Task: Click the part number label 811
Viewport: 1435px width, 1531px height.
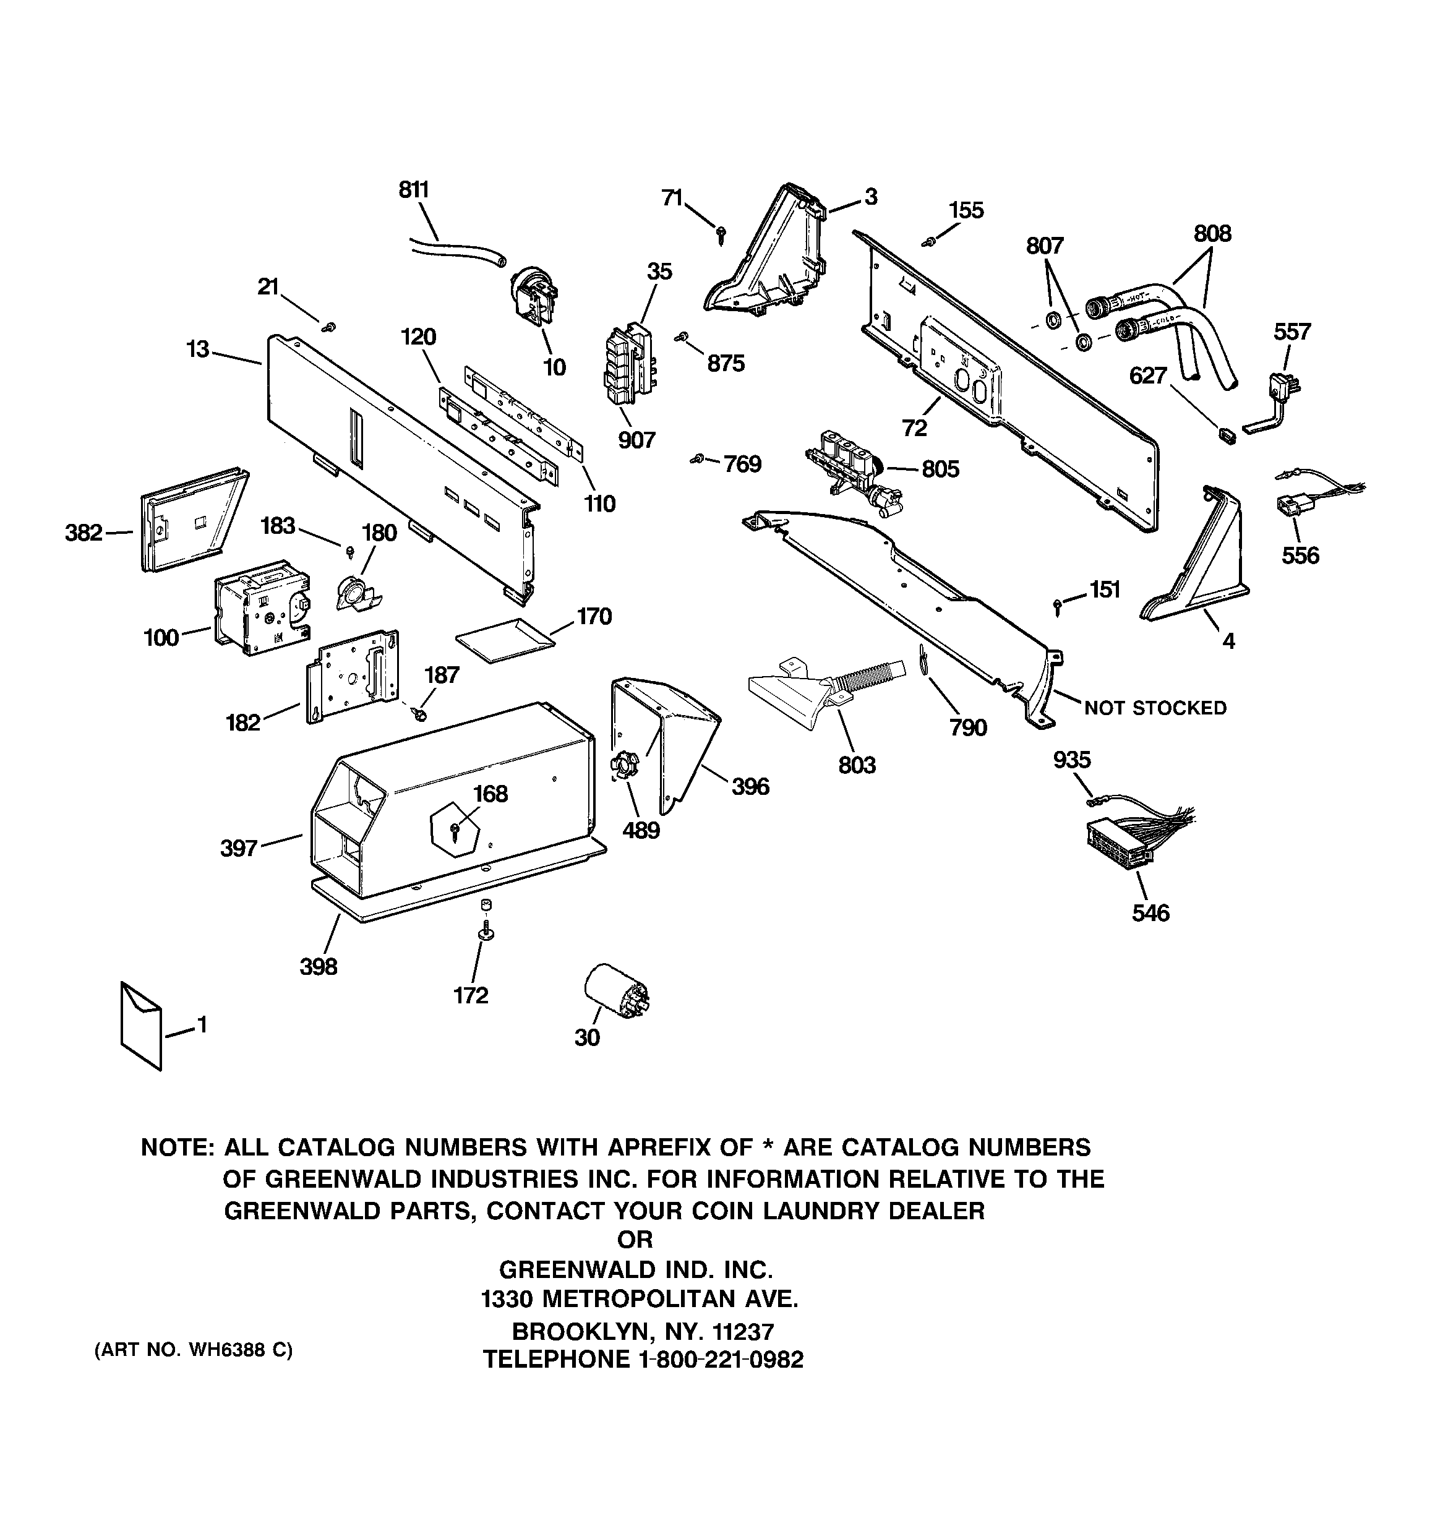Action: tap(414, 189)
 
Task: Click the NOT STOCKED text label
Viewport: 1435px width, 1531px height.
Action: tap(1155, 708)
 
